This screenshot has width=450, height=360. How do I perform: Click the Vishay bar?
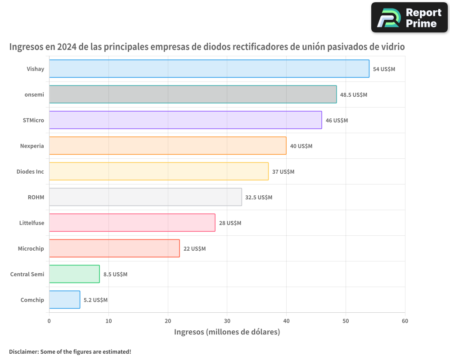coord(209,69)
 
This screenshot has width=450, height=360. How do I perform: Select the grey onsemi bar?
coord(193,94)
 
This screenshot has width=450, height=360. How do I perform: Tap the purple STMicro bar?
coord(185,120)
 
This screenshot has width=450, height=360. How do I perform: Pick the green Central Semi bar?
coord(74,274)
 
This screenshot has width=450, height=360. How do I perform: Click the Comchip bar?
coord(64,300)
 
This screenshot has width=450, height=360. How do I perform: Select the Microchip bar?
coord(114,248)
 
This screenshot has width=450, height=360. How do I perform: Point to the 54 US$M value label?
coord(384,69)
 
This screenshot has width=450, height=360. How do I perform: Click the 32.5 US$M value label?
coord(259,198)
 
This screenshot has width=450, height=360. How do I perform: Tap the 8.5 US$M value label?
coord(115,274)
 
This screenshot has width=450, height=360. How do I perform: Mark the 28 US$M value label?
coord(230,223)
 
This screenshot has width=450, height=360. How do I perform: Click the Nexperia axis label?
coord(32,146)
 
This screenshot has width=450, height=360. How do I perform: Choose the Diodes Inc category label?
coord(30,171)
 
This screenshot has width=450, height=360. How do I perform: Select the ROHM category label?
coord(36,197)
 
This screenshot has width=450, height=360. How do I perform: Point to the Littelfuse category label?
coord(31,223)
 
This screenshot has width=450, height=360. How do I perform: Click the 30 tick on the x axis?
coord(227,321)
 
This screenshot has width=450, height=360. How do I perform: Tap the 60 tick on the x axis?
coord(405,321)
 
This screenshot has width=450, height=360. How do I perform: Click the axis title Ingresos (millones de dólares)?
coord(227,332)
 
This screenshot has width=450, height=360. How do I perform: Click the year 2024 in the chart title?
coord(66,47)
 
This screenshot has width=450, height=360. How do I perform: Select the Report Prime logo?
coord(409,18)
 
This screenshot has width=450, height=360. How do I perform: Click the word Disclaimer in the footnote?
coord(23,351)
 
